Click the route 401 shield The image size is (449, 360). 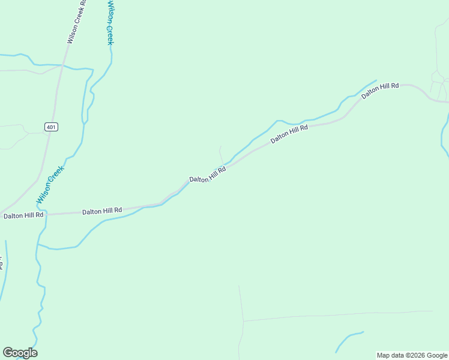tap(51, 127)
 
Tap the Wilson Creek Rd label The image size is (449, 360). tap(76, 22)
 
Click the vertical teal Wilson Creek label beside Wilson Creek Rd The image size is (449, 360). tap(110, 23)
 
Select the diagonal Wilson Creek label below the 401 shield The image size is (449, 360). tap(50, 184)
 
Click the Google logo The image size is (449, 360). tap(20, 353)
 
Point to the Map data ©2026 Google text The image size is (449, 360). tap(412, 355)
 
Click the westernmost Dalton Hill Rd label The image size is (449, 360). tap(23, 215)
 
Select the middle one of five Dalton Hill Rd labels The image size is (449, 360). tap(208, 175)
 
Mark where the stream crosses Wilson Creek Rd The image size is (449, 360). tap(62, 65)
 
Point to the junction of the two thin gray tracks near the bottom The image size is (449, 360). tap(243, 321)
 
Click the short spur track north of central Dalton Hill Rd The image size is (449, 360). tap(221, 154)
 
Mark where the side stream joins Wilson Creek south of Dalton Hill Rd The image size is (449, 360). tap(38, 245)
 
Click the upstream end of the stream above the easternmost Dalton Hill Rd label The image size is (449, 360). tap(376, 80)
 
